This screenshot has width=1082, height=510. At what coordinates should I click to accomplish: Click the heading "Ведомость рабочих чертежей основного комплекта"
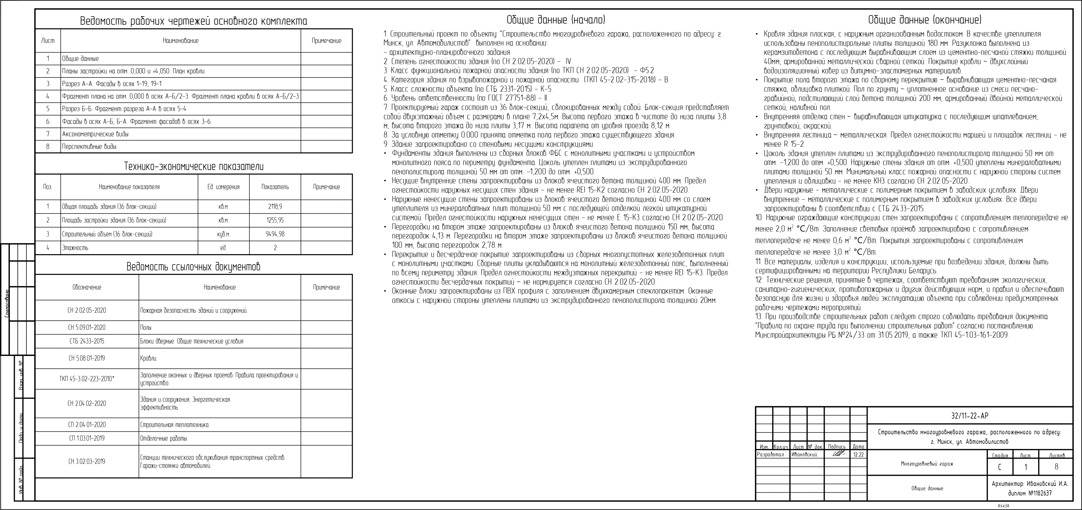pos(194,21)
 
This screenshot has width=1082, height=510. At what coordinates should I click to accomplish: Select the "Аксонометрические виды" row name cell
pos(95,134)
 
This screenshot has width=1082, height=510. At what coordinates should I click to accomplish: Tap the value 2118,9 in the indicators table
pos(275,207)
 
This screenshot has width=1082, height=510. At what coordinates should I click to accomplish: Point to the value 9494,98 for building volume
pos(275,234)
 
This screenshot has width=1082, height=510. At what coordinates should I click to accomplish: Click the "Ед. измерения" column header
pos(224,187)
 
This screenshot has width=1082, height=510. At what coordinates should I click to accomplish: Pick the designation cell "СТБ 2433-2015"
pos(87,341)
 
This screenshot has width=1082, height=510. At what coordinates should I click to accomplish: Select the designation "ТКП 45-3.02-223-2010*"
pos(87,379)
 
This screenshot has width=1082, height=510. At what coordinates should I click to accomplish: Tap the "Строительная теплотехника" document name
pos(174,425)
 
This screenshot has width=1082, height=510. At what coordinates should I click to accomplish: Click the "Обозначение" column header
pos(87,287)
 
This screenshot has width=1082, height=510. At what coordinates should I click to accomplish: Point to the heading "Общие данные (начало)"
pos(556,20)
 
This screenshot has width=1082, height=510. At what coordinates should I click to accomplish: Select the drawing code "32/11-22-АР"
pos(969,416)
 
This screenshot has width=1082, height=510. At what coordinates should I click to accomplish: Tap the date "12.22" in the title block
pos(858,455)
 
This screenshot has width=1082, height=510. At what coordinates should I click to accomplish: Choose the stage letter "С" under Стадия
pos(1000,467)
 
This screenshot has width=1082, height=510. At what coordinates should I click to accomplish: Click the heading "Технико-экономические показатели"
pos(194,167)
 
